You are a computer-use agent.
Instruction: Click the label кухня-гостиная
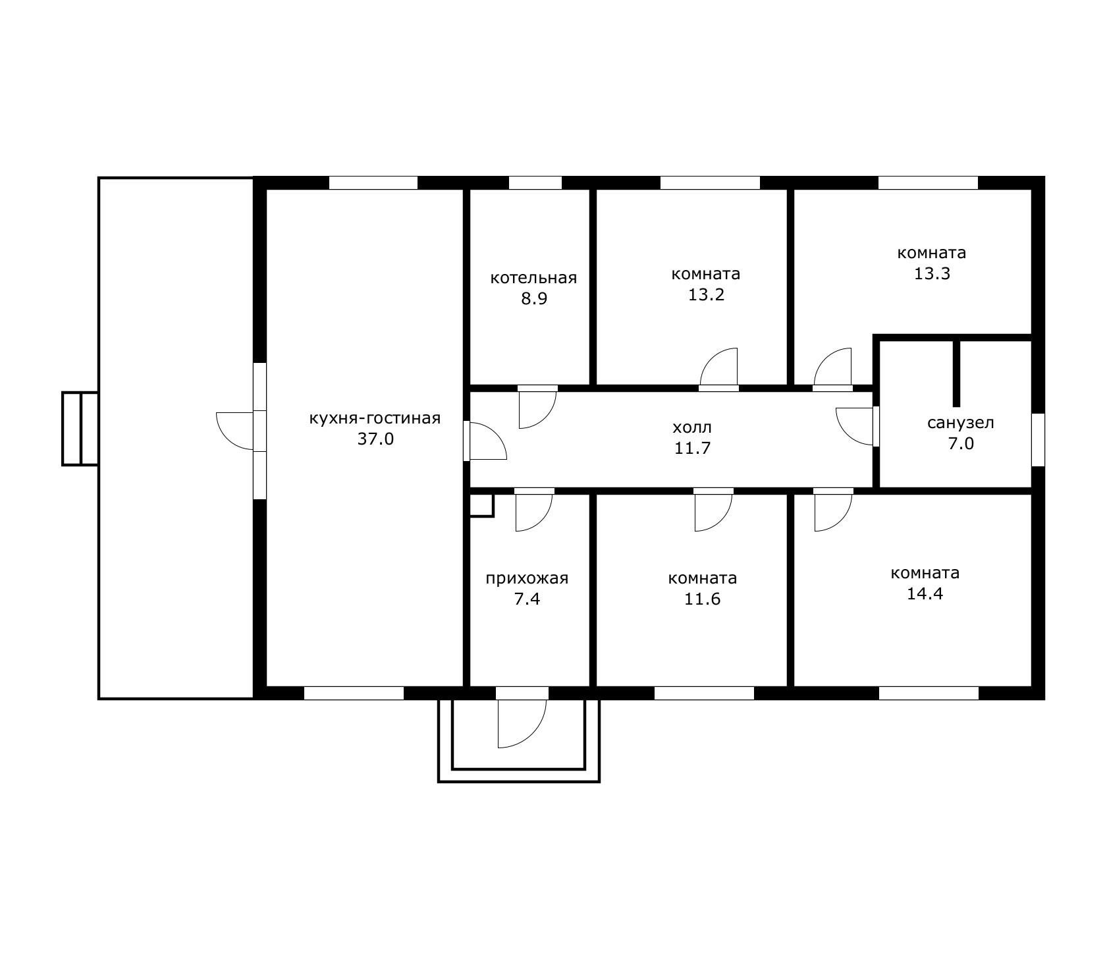(375, 418)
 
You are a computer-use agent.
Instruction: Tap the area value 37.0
(375, 439)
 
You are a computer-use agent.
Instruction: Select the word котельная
(533, 278)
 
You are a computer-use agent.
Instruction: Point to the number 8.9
(534, 298)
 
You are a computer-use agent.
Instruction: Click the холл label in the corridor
(693, 427)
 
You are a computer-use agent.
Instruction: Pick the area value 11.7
(693, 448)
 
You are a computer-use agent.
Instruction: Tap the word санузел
(960, 423)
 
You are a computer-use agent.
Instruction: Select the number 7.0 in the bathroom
(961, 443)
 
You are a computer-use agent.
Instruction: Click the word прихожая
(527, 579)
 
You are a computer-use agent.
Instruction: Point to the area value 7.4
(527, 599)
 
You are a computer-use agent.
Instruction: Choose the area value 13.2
(706, 294)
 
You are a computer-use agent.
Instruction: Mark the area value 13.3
(932, 273)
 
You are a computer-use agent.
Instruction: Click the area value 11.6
(703, 599)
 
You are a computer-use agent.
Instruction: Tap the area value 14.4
(925, 593)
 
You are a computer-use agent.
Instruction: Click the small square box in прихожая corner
(481, 505)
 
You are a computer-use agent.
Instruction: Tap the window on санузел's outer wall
(1038, 439)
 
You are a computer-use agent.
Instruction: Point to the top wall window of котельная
(535, 183)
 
